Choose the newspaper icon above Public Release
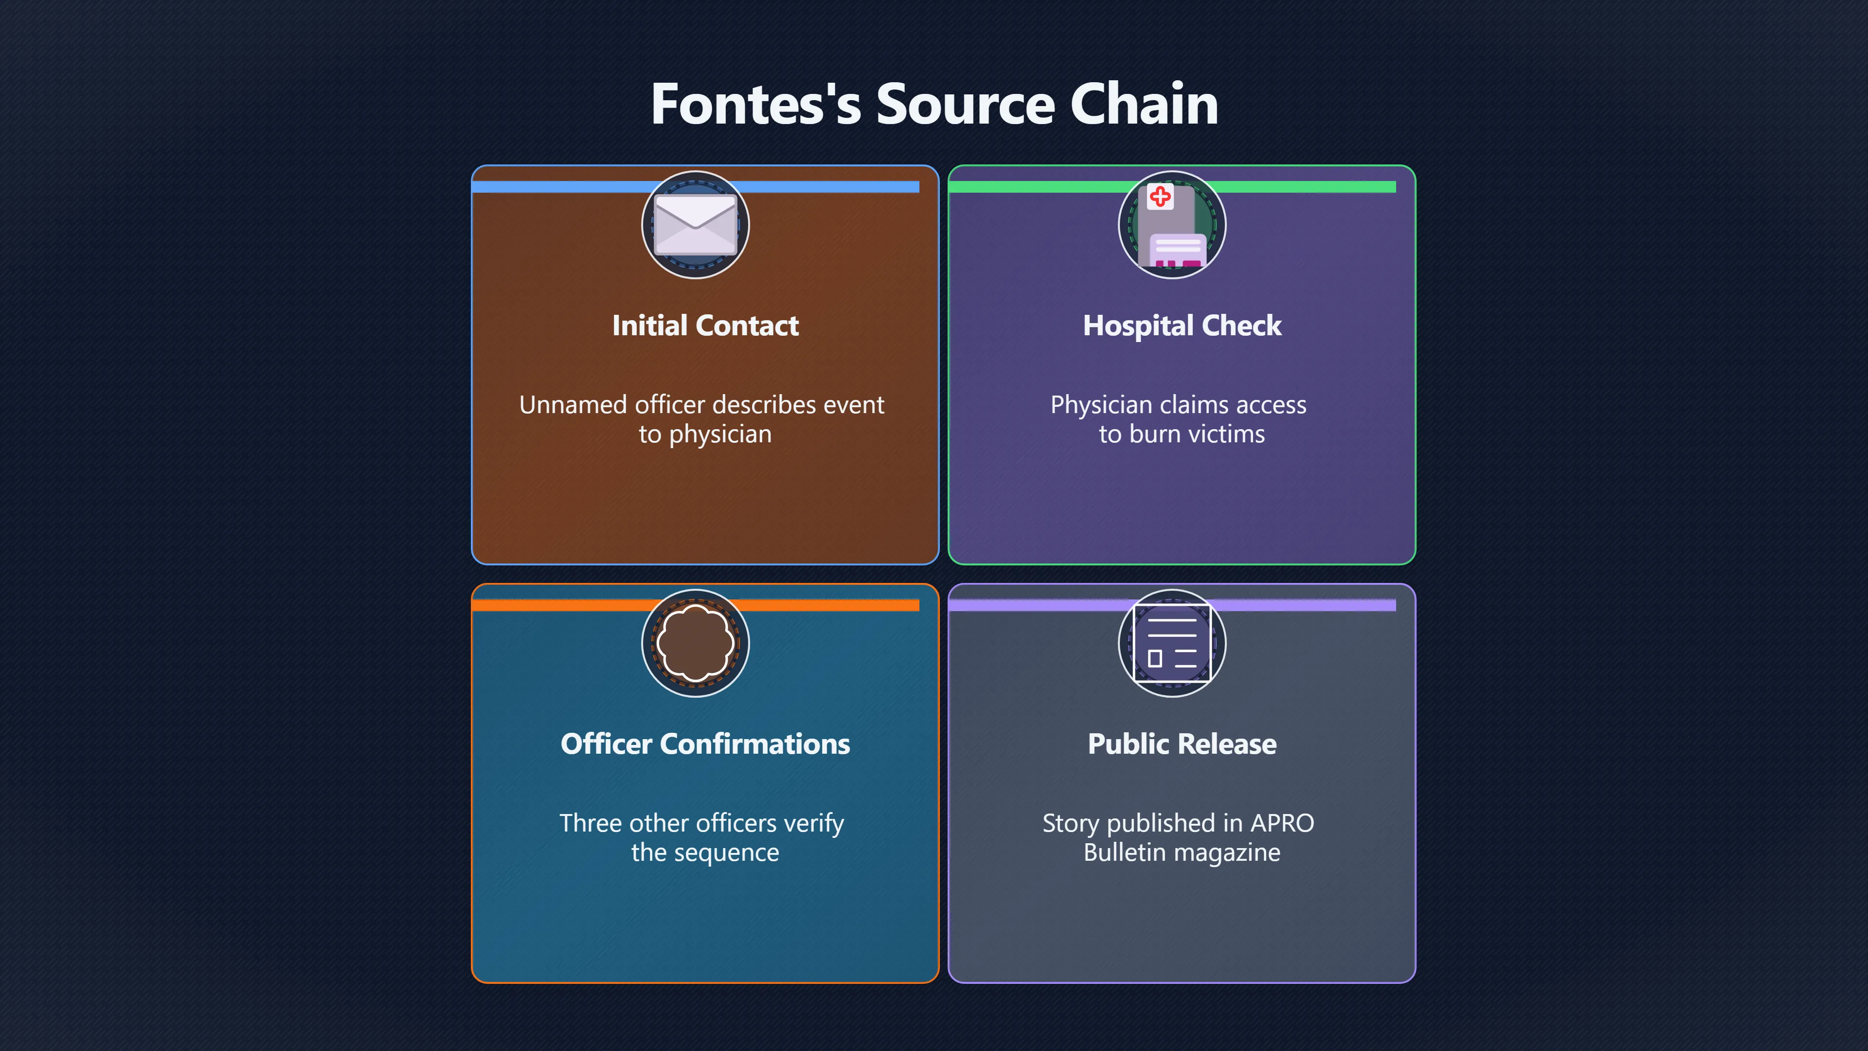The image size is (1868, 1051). pyautogui.click(x=1172, y=643)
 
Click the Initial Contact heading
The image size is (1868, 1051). pyautogui.click(x=705, y=326)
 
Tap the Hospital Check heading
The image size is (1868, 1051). pyautogui.click(x=1182, y=326)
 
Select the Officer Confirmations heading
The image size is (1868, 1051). pyautogui.click(x=705, y=744)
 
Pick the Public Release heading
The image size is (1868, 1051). pyautogui.click(x=1182, y=744)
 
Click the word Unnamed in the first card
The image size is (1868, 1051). pyautogui.click(x=573, y=405)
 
